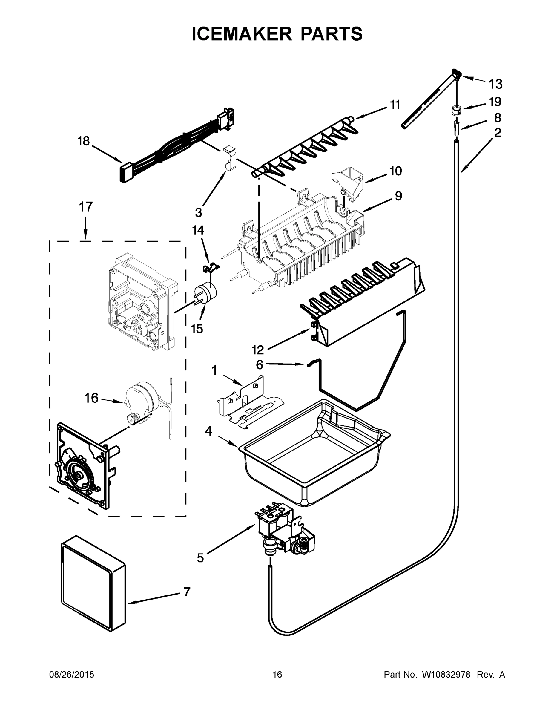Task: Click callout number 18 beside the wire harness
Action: pos(83,141)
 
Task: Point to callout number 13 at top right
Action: pos(495,84)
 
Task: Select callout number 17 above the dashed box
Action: pos(85,207)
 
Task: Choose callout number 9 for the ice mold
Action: pos(398,196)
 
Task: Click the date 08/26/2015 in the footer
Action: pos(72,674)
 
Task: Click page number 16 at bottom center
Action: pos(277,674)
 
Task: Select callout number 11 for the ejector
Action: pos(395,105)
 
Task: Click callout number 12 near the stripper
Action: pos(258,350)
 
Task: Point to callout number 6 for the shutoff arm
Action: pos(259,364)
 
